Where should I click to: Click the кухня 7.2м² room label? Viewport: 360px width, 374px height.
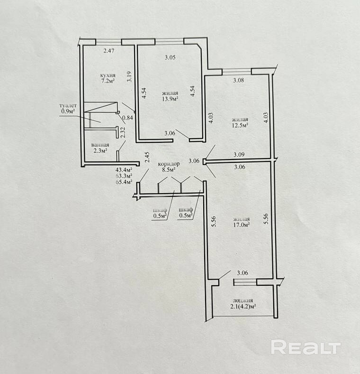click(108, 78)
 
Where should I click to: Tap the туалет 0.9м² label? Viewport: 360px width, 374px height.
click(68, 108)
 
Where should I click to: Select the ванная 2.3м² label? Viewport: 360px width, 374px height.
click(100, 148)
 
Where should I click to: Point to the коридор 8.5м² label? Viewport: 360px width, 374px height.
click(169, 167)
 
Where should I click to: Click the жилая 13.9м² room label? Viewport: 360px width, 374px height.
click(170, 96)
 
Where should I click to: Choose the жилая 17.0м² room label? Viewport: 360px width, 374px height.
click(242, 222)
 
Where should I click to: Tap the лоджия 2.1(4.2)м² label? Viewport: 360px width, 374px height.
click(243, 303)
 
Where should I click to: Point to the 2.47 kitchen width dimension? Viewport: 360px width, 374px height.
click(109, 51)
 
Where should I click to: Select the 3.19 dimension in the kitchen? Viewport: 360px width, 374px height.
click(129, 77)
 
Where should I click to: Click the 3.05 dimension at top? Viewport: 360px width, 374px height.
click(170, 57)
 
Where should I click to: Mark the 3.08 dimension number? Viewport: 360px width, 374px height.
click(238, 80)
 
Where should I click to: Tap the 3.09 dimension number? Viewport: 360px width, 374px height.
click(239, 155)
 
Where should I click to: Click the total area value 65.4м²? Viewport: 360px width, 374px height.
click(124, 182)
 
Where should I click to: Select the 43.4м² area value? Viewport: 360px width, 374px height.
click(124, 170)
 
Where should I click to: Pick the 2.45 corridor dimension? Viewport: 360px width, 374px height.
click(147, 158)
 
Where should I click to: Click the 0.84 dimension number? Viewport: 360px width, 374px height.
click(127, 117)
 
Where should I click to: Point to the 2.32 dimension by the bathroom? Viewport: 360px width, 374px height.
click(123, 132)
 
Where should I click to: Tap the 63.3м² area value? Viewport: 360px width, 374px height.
click(124, 176)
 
